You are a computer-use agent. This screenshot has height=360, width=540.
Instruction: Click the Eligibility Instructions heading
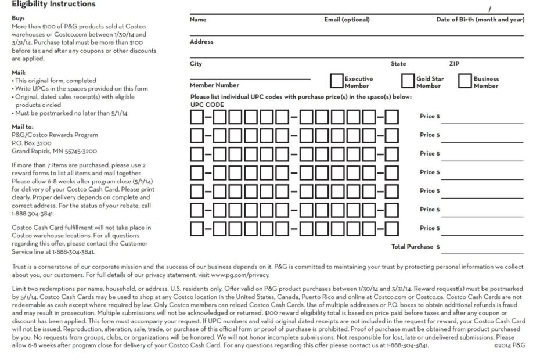point(53,5)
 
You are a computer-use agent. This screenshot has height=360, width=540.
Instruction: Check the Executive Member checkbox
point(336,81)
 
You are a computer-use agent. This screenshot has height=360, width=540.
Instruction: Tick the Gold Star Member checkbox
point(408,81)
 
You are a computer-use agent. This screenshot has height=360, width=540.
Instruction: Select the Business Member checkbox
point(465,81)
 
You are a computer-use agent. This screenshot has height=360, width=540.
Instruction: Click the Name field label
point(198,20)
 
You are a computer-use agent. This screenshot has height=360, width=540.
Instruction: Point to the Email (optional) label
point(347,20)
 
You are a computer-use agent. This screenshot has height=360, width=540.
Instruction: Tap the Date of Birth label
point(480,20)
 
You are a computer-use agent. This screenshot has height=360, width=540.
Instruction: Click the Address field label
point(201,42)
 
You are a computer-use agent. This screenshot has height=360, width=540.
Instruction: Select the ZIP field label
point(454,64)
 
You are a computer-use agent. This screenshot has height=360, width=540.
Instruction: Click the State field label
point(398,64)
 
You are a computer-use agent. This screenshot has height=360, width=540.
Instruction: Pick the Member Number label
point(214,85)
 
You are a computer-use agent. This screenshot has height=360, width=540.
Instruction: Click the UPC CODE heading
point(207,105)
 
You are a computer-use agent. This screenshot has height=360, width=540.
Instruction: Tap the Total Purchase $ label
point(415,247)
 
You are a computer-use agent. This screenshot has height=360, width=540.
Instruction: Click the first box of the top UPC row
point(197,117)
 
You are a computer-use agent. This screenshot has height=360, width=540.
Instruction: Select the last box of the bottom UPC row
point(392,228)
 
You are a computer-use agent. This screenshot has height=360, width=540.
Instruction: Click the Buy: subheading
point(18,18)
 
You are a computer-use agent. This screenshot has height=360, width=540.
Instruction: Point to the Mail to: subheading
point(23,127)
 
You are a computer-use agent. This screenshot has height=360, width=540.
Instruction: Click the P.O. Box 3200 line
point(31,143)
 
